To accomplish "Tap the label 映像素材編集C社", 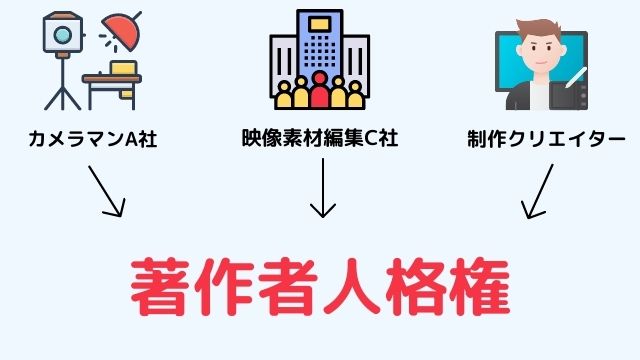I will click(320, 138).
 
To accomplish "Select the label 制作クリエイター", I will click(546, 138).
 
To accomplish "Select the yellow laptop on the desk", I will click(124, 70).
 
